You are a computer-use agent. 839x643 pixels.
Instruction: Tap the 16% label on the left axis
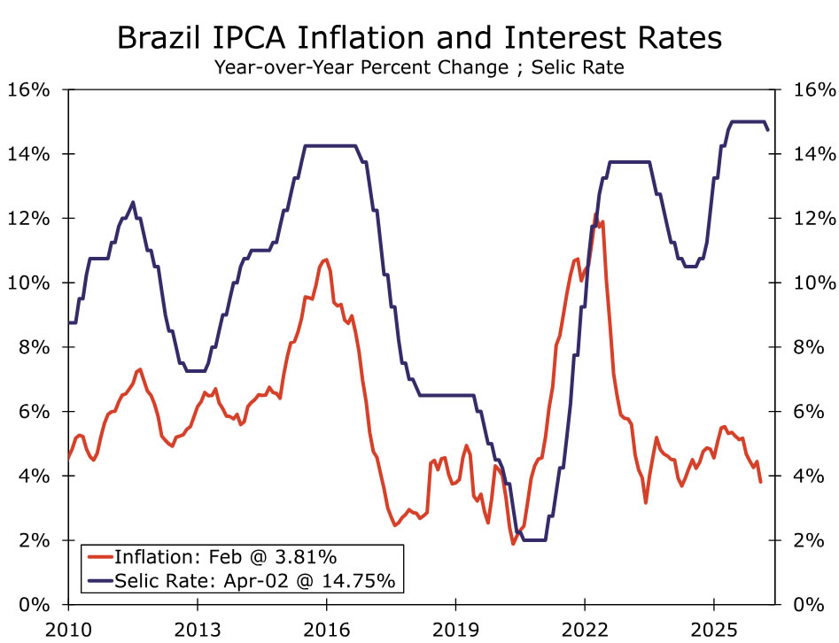[x=29, y=90]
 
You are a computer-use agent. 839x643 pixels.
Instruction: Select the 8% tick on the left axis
[x=34, y=347]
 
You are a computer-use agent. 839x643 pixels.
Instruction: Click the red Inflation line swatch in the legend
[x=100, y=557]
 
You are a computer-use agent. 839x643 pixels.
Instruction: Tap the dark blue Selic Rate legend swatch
[x=100, y=580]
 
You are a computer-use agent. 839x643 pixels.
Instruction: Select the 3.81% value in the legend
[x=303, y=557]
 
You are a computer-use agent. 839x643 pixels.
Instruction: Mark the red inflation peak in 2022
[x=595, y=215]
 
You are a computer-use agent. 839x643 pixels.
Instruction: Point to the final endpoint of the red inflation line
[x=760, y=482]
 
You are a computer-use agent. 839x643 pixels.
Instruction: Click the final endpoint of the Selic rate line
[x=767, y=130]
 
